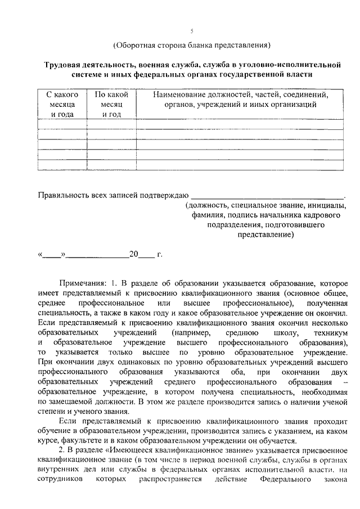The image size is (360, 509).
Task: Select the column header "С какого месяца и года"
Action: click(x=62, y=105)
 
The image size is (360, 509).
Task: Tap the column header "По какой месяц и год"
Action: click(x=112, y=105)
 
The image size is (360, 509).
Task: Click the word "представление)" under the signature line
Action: click(x=267, y=236)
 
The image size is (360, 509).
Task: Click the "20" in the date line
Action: click(x=133, y=254)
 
